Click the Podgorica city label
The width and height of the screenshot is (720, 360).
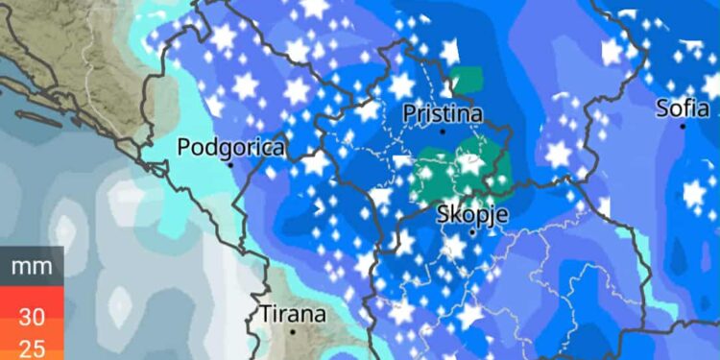click(x=232, y=148)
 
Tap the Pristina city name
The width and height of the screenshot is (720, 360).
click(x=442, y=113)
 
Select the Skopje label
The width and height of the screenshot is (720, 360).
click(x=471, y=213)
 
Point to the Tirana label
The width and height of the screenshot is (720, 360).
click(x=294, y=314)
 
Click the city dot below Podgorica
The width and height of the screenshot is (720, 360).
click(x=231, y=164)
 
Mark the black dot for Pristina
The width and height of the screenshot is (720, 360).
click(x=443, y=131)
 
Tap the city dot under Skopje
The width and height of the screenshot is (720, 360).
click(x=472, y=231)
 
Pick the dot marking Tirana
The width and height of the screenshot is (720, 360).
click(x=294, y=331)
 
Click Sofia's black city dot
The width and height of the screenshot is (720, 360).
click(x=682, y=124)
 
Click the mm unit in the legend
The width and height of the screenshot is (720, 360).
click(x=32, y=266)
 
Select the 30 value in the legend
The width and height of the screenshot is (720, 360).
click(x=32, y=317)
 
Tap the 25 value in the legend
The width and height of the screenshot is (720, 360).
click(x=32, y=348)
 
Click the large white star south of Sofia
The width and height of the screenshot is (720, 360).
click(x=694, y=193)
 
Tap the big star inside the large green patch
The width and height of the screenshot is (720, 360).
click(x=469, y=162)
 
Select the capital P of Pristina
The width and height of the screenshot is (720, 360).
click(x=410, y=113)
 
